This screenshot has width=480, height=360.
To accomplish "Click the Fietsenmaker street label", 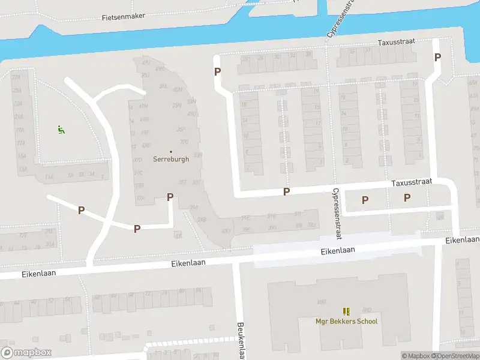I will (x=124, y=17).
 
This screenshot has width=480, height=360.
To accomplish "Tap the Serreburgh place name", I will (x=171, y=160).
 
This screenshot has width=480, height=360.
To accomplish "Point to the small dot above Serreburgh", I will (x=171, y=151).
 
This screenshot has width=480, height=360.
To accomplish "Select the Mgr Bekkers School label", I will (x=347, y=321).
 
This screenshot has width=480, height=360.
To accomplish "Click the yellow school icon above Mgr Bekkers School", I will (x=346, y=311).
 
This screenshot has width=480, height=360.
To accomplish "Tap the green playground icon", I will (x=61, y=129).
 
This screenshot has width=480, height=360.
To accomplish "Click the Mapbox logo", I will (x=26, y=353).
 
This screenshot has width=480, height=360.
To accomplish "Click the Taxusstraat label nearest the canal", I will (x=397, y=43).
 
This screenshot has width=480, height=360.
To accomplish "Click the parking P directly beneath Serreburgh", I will (x=170, y=197).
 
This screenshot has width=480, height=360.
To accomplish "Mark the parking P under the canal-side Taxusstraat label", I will (x=437, y=57).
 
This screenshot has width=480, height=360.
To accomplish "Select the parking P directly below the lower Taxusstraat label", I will (x=407, y=197).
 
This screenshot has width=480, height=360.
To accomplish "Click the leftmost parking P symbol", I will (x=81, y=210).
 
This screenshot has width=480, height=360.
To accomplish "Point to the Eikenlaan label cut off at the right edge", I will (x=463, y=240).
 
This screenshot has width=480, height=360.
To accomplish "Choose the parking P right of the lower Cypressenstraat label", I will (x=364, y=200).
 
